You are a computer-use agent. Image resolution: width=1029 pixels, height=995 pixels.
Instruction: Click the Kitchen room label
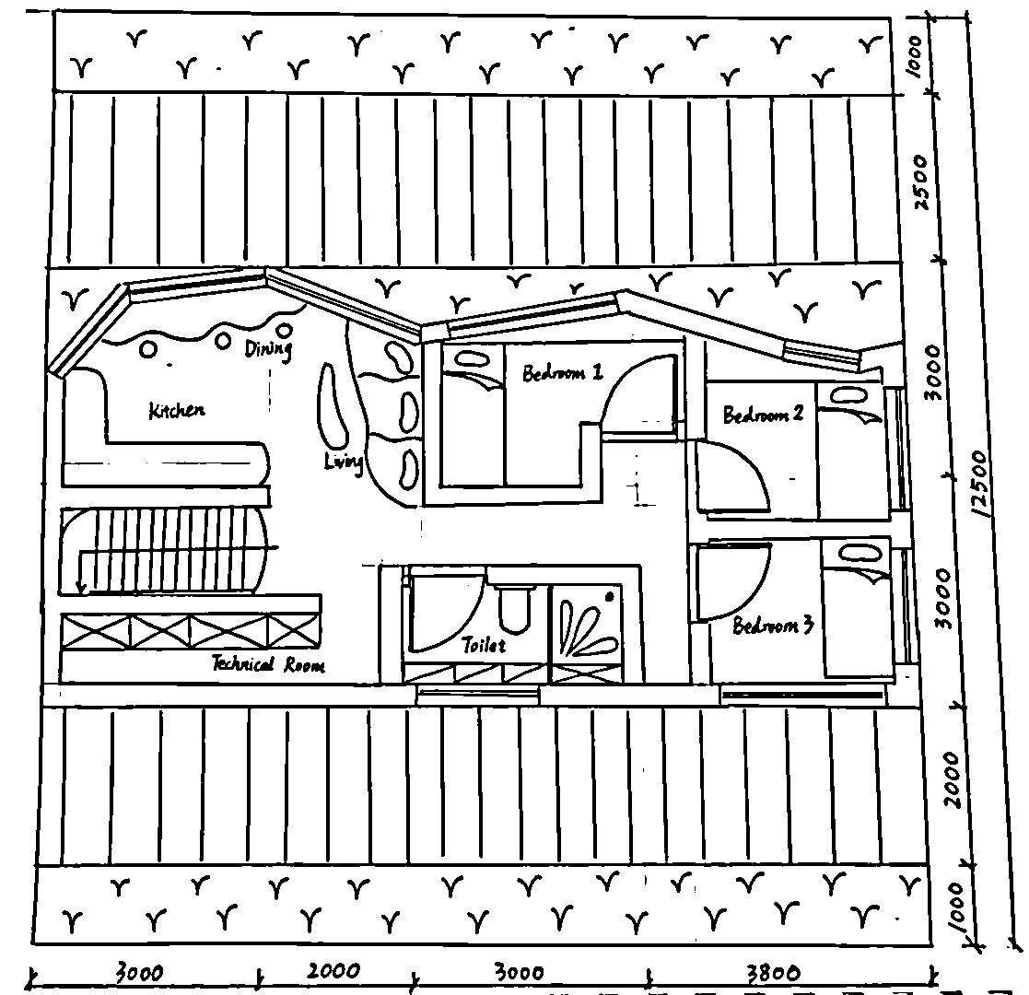[x=176, y=411]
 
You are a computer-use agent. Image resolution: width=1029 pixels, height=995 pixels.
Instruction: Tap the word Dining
[x=268, y=348]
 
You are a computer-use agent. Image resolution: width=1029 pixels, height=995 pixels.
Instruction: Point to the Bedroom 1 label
[x=562, y=373]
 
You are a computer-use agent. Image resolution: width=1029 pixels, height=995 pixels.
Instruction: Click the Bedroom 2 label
[x=763, y=415]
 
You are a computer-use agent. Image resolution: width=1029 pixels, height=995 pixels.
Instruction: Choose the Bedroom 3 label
[x=773, y=626]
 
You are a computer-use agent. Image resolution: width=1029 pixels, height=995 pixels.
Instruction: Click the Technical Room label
[x=268, y=664]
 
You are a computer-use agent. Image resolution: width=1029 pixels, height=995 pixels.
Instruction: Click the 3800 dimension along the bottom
[x=773, y=973]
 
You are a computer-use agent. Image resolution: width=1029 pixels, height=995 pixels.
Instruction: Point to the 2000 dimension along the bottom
[x=333, y=971]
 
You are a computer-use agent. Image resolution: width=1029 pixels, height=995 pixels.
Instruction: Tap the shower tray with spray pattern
[x=586, y=626]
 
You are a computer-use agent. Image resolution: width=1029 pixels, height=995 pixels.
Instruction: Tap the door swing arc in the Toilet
[x=446, y=608]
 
